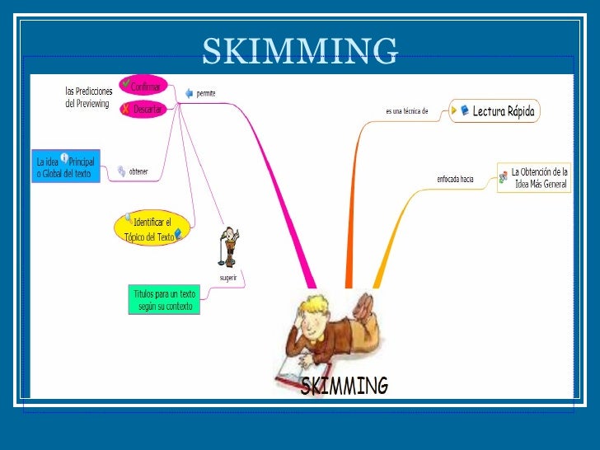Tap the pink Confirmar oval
point(143,86)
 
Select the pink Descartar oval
point(143,109)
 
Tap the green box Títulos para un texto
point(165,300)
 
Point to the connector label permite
point(206,93)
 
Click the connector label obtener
point(138,172)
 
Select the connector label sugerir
point(228,278)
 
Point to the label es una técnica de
point(407,111)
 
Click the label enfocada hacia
point(455,179)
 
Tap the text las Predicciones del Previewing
point(89,97)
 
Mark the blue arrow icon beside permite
point(189,93)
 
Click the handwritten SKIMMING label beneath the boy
point(344,386)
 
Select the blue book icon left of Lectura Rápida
point(465,110)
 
